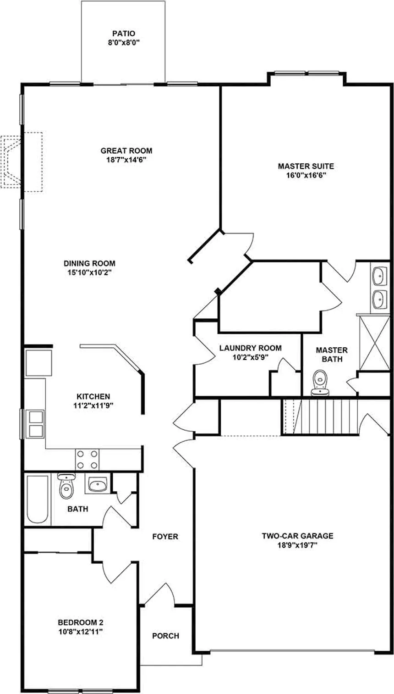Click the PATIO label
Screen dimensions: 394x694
pyautogui.click(x=124, y=33)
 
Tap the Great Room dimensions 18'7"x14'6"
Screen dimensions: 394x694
pyautogui.click(x=126, y=160)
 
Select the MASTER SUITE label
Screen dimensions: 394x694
pyautogui.click(x=306, y=166)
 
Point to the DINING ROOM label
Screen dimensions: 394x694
pyautogui.click(x=89, y=263)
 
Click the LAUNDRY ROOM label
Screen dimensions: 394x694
pyautogui.click(x=251, y=348)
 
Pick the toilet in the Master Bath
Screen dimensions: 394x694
pyautogui.click(x=320, y=383)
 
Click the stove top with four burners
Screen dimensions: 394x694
pyautogui.click(x=87, y=459)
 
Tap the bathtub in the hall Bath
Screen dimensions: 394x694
pyautogui.click(x=38, y=499)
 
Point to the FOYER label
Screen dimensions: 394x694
pyautogui.click(x=165, y=536)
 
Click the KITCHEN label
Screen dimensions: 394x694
pyautogui.click(x=93, y=396)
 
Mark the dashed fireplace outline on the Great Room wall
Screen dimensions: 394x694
pyautogui.click(x=21, y=162)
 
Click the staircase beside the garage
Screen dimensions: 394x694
pyautogui.click(x=320, y=417)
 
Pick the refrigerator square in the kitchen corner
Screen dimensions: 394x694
pyautogui.click(x=38, y=363)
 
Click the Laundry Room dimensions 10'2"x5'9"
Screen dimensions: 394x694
pyautogui.click(x=251, y=357)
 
